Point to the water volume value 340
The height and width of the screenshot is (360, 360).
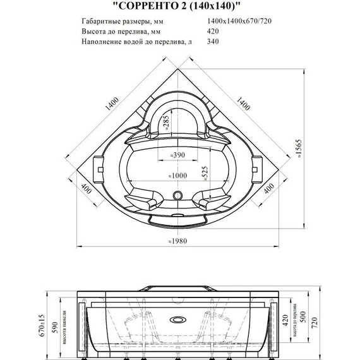(x=213, y=42)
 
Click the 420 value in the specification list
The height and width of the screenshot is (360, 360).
(x=213, y=32)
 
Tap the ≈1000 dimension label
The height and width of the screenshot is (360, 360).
(x=179, y=175)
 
